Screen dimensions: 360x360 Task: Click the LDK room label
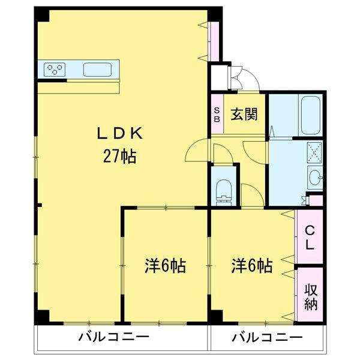click(121, 133)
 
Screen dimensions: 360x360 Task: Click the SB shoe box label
click(217, 114)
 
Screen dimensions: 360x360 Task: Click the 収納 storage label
click(310, 296)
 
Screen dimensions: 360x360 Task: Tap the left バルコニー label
click(113, 338)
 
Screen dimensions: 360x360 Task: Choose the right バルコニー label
click(267, 338)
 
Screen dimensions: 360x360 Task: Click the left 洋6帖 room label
click(163, 265)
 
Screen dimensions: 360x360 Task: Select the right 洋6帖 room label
click(252, 265)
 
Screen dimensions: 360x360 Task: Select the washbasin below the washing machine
click(315, 177)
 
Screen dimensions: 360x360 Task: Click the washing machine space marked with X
click(315, 150)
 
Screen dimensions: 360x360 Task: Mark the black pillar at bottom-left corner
click(42, 317)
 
